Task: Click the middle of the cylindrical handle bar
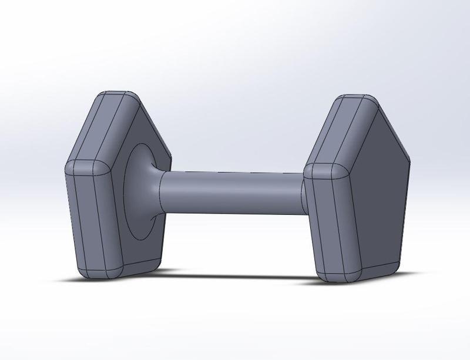[x=232, y=193]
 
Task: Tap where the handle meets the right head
[x=303, y=194]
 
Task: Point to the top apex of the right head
[x=358, y=98]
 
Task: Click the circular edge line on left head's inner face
[x=126, y=194]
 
